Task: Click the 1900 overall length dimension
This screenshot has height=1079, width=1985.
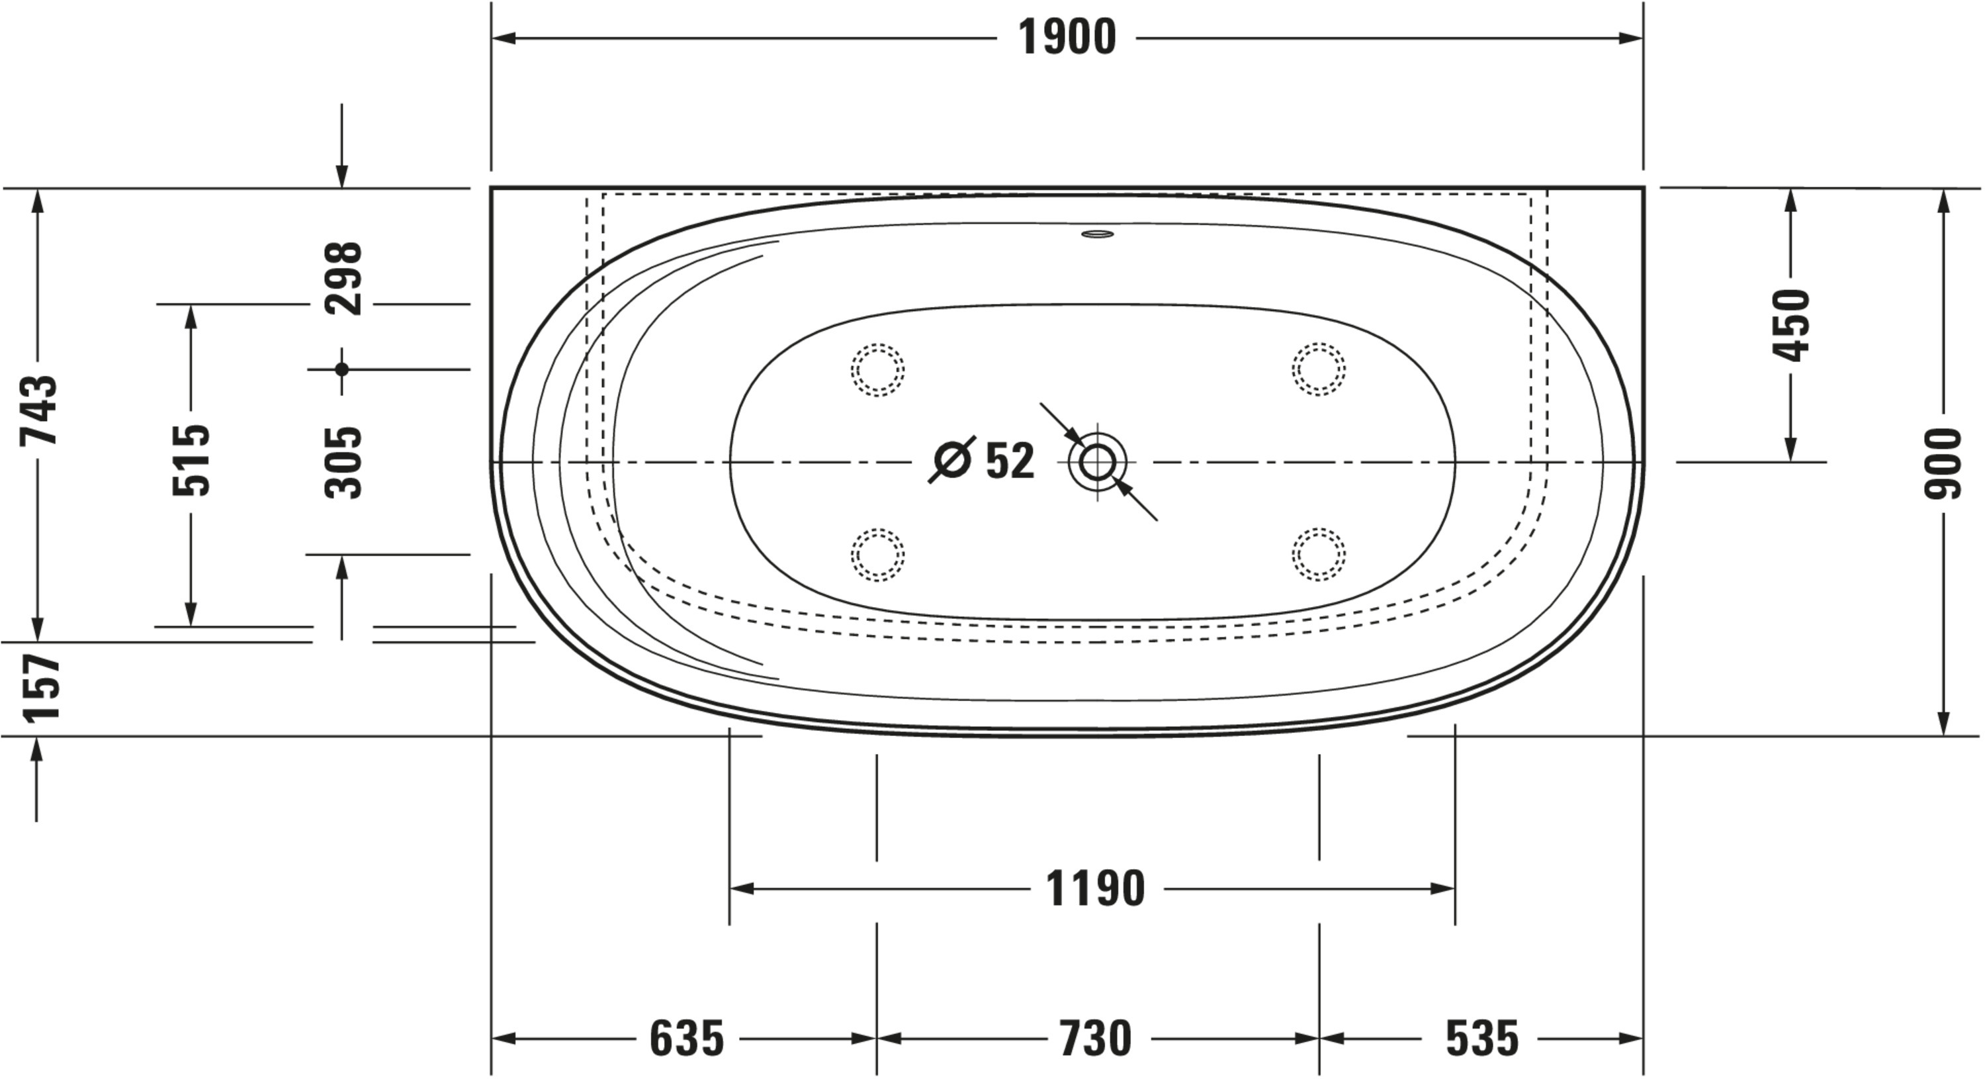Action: (1067, 38)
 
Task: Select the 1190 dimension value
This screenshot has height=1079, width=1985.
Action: (1095, 888)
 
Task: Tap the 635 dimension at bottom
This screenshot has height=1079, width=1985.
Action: (687, 1039)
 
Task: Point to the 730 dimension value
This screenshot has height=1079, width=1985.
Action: (1095, 1039)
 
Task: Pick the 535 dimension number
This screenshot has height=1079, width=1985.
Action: (1482, 1039)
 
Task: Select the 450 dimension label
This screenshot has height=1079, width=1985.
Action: (1790, 325)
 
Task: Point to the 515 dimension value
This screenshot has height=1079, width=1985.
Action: (191, 460)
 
